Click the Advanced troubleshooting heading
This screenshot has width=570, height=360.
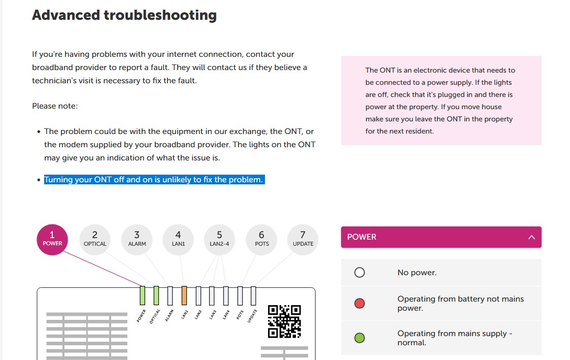coord(124,15)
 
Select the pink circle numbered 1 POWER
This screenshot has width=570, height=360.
coord(52,240)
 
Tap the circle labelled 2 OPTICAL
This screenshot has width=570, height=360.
coord(95,240)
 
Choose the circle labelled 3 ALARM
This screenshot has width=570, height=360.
coord(137,240)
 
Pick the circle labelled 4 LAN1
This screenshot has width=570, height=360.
coord(178,240)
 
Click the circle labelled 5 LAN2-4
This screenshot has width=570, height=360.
coord(220,240)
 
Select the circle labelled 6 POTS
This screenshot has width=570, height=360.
coord(262,240)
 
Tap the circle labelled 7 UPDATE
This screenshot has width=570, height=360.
coord(303,240)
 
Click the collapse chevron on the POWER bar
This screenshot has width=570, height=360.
coord(531,237)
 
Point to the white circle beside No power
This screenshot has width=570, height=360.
coord(359,272)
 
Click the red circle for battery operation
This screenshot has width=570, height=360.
coord(359,303)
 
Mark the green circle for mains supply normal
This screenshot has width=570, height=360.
coord(359,338)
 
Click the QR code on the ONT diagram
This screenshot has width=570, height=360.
coord(284,321)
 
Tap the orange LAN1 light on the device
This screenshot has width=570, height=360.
coord(184,296)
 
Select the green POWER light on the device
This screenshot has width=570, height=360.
coord(143,296)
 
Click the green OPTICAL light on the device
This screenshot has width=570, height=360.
coord(156,296)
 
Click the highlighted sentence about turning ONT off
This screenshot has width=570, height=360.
coord(154,180)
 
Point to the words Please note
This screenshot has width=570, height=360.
coord(55,106)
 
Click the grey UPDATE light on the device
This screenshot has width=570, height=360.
coord(253,296)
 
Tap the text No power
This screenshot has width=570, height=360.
coord(417,273)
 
